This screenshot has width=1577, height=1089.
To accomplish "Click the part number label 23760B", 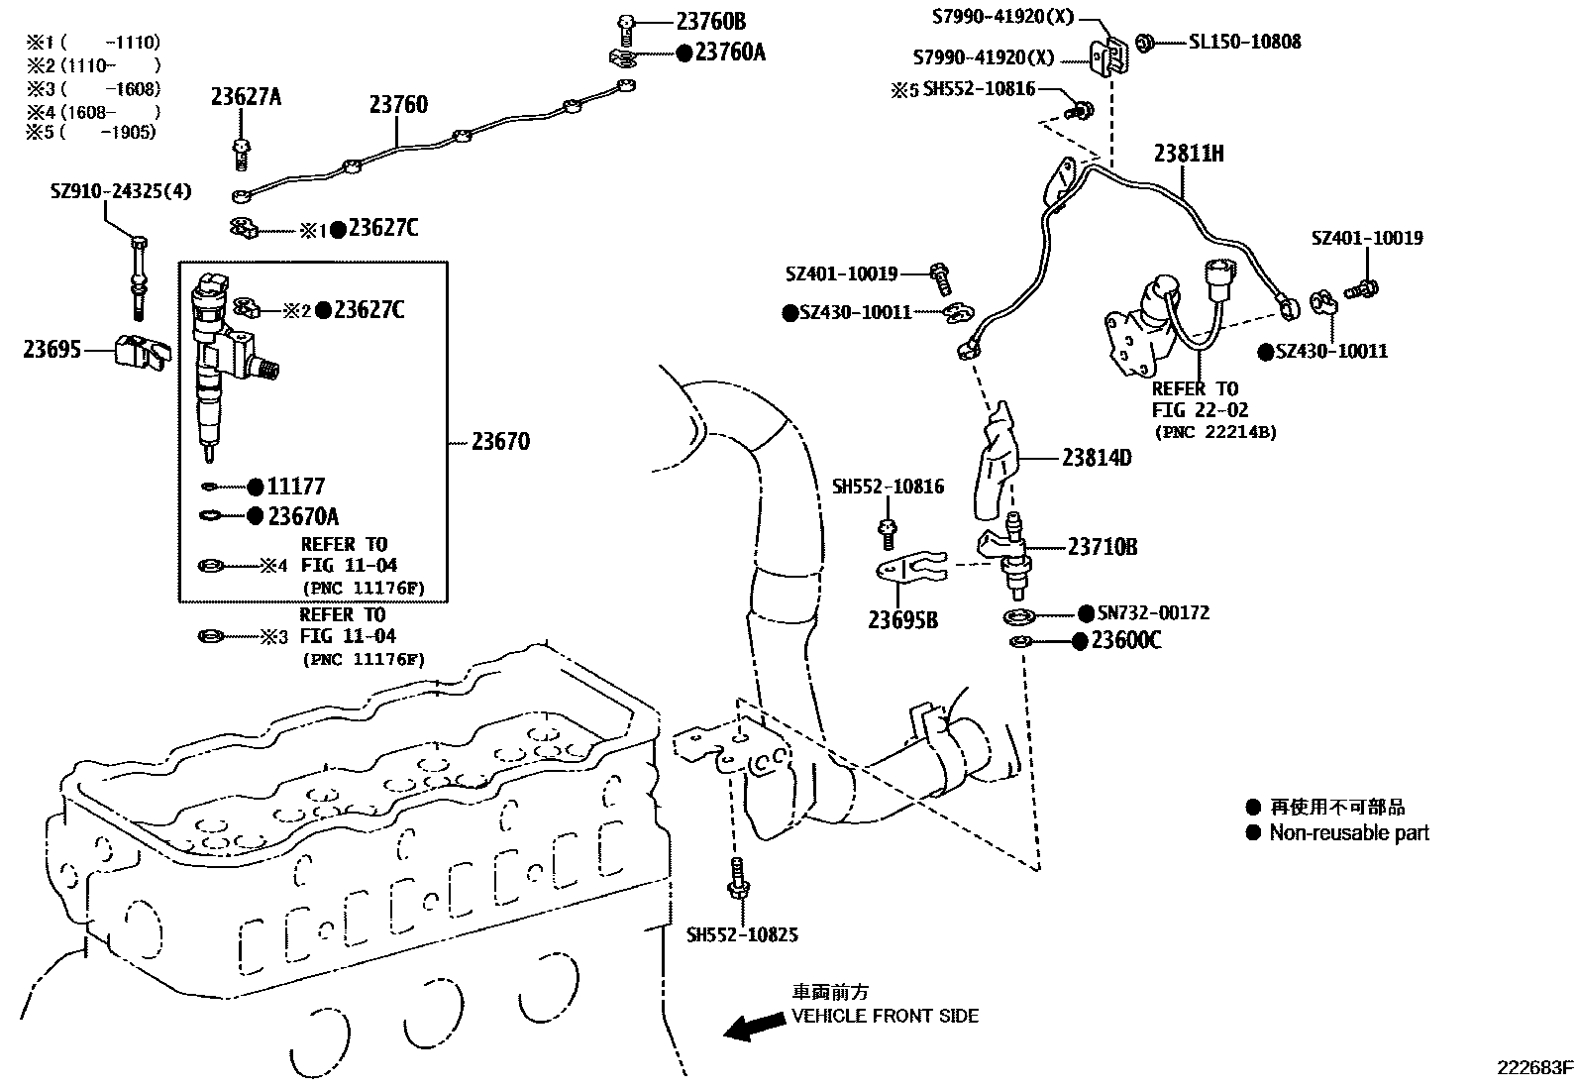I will pyautogui.click(x=710, y=21).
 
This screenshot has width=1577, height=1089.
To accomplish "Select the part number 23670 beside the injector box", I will pyautogui.click(x=500, y=442).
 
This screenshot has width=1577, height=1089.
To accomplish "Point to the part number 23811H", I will pyautogui.click(x=1189, y=154).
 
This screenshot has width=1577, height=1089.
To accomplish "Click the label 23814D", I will pyautogui.click(x=1097, y=458).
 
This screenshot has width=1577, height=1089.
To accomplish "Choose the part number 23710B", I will pyautogui.click(x=1102, y=546).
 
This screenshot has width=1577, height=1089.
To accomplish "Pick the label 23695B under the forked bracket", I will pyautogui.click(x=902, y=621).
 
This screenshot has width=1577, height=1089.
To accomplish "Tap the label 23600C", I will pyautogui.click(x=1126, y=641).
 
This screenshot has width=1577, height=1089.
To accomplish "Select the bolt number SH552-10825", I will pyautogui.click(x=742, y=934).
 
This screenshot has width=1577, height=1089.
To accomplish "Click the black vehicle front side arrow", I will pyautogui.click(x=749, y=1027).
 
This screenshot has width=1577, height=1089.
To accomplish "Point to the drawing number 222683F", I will pyautogui.click(x=1534, y=1067).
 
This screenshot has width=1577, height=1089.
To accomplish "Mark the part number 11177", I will pyautogui.click(x=296, y=487).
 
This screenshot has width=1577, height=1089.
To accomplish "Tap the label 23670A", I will pyautogui.click(x=303, y=516).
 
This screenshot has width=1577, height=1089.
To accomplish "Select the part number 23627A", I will pyautogui.click(x=246, y=96).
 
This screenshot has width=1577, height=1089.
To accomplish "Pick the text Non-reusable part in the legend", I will pyautogui.click(x=1349, y=833).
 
